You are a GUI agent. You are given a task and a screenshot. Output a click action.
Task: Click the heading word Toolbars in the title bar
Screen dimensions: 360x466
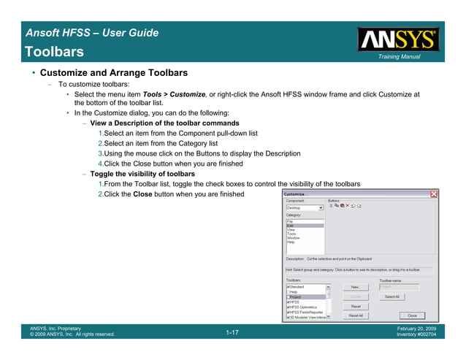click(x=53, y=52)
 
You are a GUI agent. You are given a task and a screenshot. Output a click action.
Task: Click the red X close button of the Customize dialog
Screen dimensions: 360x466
click(x=434, y=194)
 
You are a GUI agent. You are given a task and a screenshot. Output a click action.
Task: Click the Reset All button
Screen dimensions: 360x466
click(x=356, y=315)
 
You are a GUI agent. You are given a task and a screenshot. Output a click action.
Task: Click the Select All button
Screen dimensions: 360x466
click(x=391, y=296)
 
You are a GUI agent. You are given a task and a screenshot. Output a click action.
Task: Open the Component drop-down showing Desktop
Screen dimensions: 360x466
click(x=321, y=208)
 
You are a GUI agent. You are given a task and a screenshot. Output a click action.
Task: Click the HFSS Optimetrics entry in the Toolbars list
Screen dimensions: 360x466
click(x=303, y=307)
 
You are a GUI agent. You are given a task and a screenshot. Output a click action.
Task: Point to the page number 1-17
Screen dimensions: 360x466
click(x=232, y=333)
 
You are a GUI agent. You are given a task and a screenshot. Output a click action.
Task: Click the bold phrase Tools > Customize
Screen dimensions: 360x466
click(x=174, y=94)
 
